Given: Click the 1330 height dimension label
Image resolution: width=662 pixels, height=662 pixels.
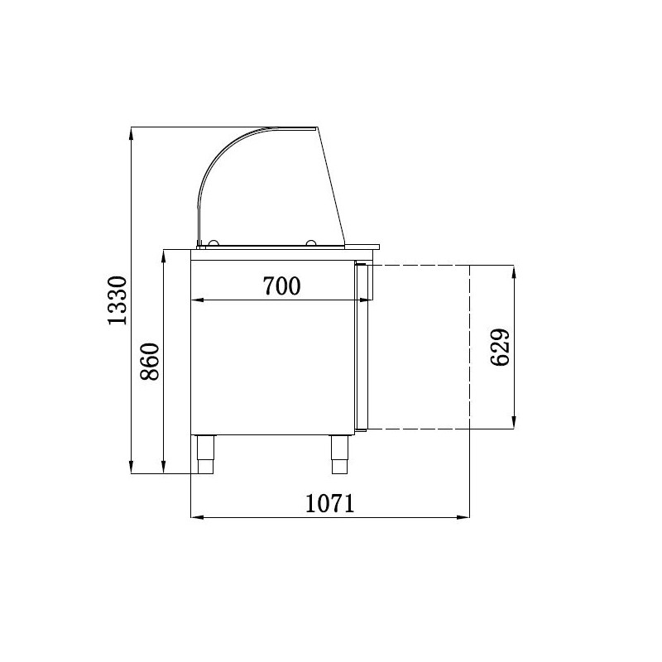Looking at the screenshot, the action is tap(117, 300).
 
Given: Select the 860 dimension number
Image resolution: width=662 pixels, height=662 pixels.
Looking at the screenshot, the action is tap(150, 362).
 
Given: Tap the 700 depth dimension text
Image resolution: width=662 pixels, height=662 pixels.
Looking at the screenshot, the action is tap(281, 285).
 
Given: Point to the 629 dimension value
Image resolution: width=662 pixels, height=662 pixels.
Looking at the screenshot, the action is tap(501, 347).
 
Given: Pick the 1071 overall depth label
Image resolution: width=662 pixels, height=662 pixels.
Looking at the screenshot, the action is tap(329, 503).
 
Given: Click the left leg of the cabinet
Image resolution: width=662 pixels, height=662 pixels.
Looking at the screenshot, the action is tap(206, 454).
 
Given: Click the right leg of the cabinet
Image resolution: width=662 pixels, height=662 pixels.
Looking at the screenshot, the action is tap(339, 454).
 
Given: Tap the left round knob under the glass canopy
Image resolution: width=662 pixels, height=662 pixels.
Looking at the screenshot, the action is tap(213, 242).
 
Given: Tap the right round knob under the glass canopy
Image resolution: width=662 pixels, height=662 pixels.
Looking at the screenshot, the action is tap(311, 242).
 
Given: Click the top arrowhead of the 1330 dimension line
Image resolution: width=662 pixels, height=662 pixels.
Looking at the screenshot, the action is tap(132, 133).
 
